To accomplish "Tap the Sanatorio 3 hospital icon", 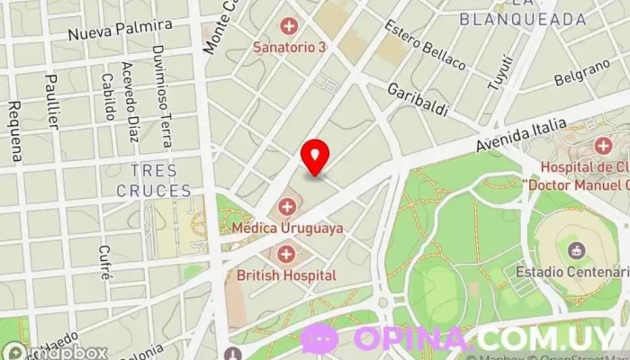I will point(288,25).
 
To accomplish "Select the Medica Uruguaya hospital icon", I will point(287,207).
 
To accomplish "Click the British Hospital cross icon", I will point(287,254).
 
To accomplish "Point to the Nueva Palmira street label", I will point(120,29).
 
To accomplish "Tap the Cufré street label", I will point(104,262).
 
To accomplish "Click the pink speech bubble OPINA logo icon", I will point(319,338).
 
